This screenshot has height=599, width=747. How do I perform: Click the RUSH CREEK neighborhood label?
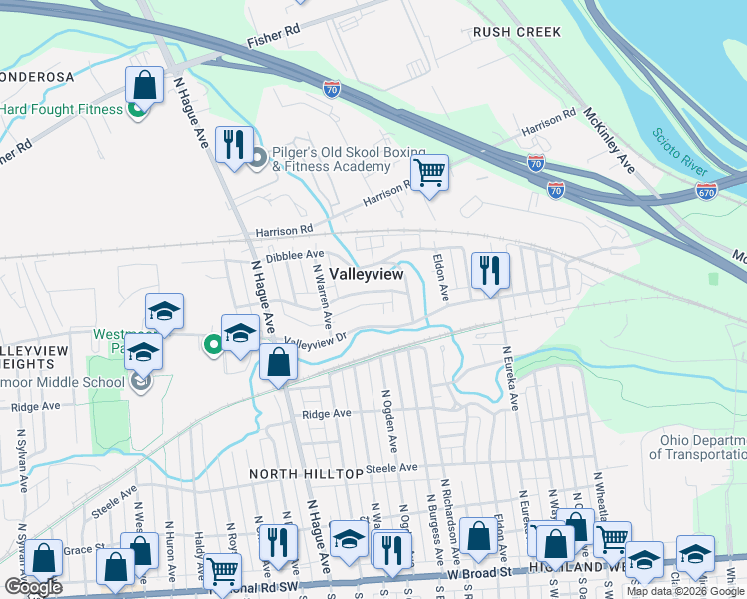[x=517, y=32]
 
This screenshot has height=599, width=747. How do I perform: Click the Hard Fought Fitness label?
[x=60, y=109]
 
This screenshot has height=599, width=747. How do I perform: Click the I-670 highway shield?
[x=707, y=189]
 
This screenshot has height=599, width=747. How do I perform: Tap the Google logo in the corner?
[x=33, y=587]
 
